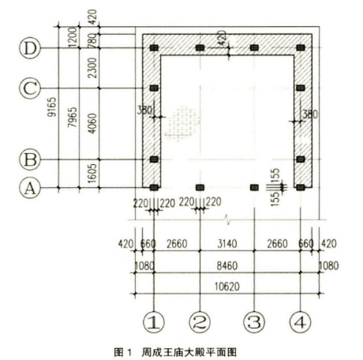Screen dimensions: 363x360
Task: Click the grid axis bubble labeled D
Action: (x=30, y=48)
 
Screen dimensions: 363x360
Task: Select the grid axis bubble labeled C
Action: (x=30, y=88)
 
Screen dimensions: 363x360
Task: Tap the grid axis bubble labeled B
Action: (x=30, y=159)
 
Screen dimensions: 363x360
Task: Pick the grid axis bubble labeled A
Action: (x=30, y=188)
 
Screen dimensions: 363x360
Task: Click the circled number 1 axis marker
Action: (x=154, y=322)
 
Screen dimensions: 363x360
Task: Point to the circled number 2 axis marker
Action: (x=200, y=322)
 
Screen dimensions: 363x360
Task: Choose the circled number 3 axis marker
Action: (x=254, y=322)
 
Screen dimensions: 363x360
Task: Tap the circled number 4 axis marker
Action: (x=301, y=322)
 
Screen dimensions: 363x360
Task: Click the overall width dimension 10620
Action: (x=227, y=287)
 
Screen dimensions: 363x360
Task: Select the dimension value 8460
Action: (x=227, y=266)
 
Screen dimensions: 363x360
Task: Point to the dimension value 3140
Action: (x=227, y=244)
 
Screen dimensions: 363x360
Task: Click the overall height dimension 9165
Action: (x=52, y=107)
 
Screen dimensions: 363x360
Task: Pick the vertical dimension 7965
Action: (x=73, y=117)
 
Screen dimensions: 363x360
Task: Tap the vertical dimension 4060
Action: (x=92, y=123)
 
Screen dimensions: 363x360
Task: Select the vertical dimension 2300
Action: (x=92, y=68)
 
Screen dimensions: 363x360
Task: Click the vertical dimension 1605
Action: (x=92, y=174)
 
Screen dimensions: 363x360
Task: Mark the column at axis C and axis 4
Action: (x=301, y=88)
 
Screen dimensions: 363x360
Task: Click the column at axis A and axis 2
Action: (x=200, y=187)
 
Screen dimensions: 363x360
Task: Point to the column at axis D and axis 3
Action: (x=254, y=48)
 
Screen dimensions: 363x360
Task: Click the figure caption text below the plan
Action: (x=175, y=352)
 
